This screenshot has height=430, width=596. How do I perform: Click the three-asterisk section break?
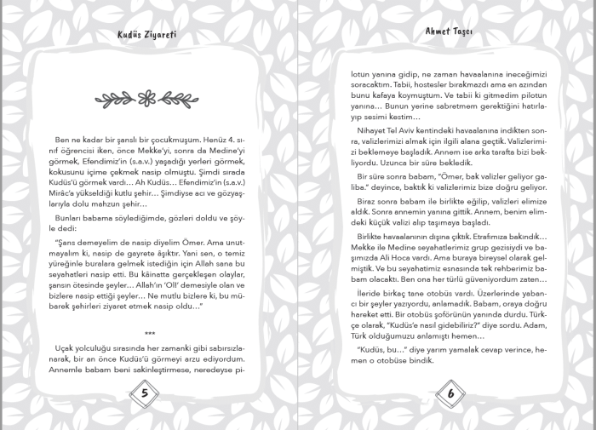click(x=150, y=333)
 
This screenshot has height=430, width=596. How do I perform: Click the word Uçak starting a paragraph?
click(x=65, y=348)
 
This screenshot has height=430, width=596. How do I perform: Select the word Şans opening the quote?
click(x=68, y=243)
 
